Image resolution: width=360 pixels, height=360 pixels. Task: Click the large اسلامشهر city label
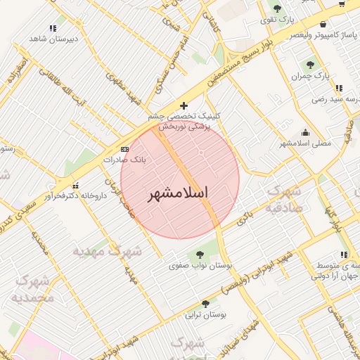click(180, 193)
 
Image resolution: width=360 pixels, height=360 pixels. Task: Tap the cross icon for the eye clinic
click(184, 105)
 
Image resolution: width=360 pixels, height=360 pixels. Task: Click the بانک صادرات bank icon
click(125, 150)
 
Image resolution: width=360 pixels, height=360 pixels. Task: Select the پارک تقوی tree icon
click(277, 8)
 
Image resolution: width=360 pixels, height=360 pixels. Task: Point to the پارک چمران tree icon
click(310, 65)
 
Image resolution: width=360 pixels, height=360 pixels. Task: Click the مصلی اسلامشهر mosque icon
click(305, 132)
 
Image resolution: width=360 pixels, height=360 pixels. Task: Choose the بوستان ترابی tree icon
click(205, 304)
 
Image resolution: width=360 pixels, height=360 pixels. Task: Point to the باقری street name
click(244, 219)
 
